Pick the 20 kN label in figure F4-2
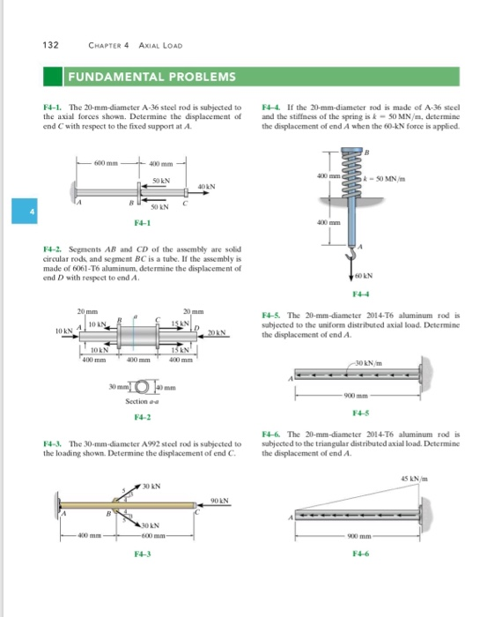[218, 331]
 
